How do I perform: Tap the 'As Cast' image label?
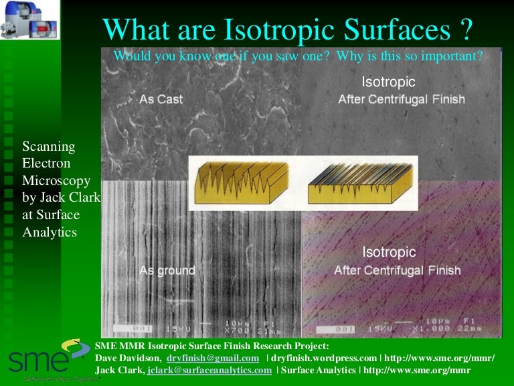(161, 99)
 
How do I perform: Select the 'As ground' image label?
(167, 271)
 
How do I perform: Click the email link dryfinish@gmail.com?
(213, 359)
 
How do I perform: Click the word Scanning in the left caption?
(49, 146)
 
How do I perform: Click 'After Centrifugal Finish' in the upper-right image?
(402, 100)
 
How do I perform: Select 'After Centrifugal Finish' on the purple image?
(398, 271)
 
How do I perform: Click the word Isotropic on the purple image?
(389, 253)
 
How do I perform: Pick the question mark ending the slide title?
(466, 29)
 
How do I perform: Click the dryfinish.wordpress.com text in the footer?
(324, 359)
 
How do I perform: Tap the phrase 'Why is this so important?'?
(409, 56)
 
